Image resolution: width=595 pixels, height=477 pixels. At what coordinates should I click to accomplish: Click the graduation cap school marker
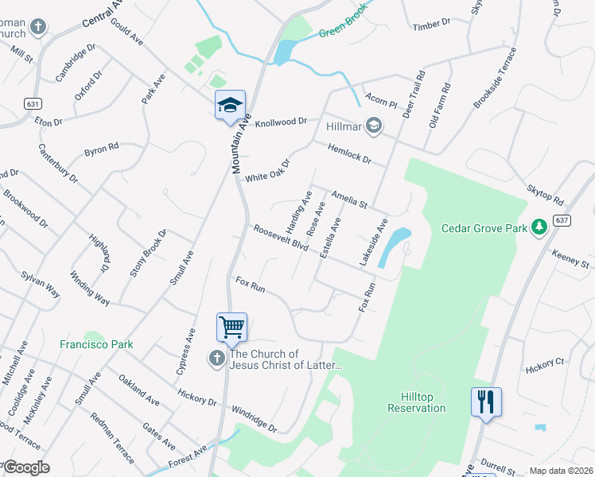tap(230, 106)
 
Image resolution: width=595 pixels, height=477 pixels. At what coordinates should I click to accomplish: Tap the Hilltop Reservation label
tap(416, 402)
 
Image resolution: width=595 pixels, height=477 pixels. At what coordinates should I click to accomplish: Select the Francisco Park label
tap(96, 344)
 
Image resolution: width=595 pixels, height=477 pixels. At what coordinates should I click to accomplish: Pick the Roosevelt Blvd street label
tap(281, 237)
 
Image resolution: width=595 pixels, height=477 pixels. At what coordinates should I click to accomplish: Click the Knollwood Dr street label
tap(281, 122)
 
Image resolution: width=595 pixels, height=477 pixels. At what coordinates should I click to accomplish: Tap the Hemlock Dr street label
tap(350, 153)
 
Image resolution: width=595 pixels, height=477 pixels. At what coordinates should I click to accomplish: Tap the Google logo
tap(26, 467)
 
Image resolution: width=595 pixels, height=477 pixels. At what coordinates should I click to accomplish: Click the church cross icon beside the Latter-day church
tap(216, 359)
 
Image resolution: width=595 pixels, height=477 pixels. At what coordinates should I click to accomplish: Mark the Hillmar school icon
tap(373, 126)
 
